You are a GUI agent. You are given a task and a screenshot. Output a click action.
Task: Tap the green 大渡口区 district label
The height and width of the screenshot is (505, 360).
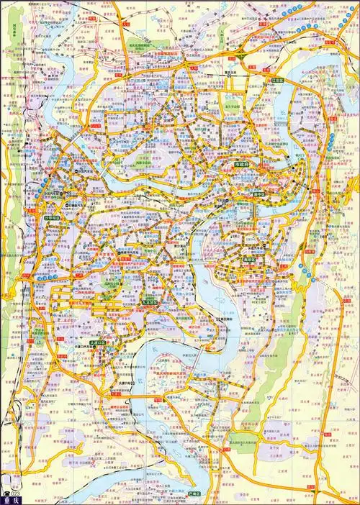coord(96,344)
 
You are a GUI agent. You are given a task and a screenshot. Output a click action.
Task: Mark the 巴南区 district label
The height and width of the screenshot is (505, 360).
coord(194,494)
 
